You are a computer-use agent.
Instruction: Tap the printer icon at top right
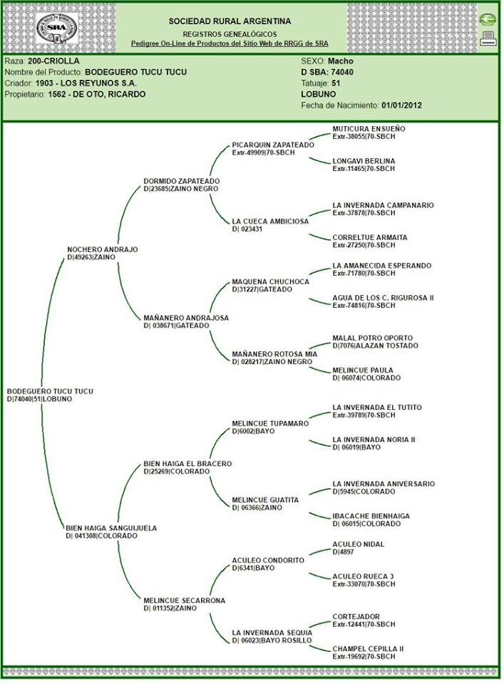tap(488, 38)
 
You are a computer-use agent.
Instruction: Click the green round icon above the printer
tap(488, 20)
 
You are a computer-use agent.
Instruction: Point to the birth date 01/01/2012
tap(402, 105)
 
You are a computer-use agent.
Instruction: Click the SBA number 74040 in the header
tap(343, 72)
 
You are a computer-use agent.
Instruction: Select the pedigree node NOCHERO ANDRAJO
tap(102, 249)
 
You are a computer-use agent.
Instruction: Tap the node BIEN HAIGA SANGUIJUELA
tap(110, 528)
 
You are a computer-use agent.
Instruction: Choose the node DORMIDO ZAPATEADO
tap(181, 181)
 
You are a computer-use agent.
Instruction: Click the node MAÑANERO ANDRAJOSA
tap(185, 318)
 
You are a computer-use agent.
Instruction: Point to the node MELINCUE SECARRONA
tap(184, 601)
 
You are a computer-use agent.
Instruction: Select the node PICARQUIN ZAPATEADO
tap(273, 145)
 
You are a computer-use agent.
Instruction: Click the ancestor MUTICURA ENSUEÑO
tap(369, 129)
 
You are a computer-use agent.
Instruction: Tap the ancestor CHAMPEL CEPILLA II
tap(368, 648)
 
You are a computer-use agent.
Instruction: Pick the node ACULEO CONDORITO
tap(268, 560)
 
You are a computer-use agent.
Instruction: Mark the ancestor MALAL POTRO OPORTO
tap(372, 338)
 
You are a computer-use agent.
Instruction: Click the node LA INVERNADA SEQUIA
tap(272, 633)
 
